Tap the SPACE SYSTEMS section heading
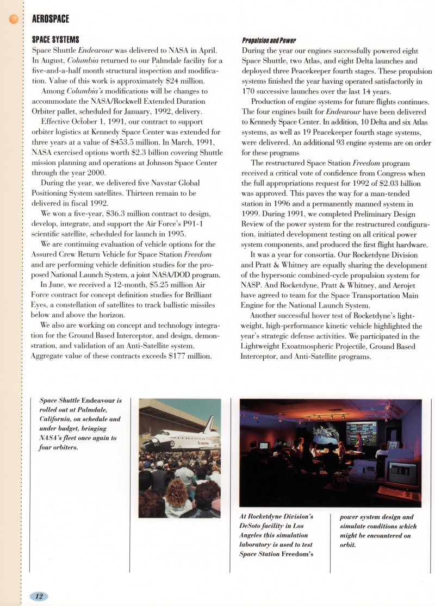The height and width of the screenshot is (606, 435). pos(56,40)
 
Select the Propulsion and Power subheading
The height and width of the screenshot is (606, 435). pos(269,40)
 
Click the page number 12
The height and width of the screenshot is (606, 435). pos(39,596)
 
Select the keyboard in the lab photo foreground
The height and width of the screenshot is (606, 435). pos(399,492)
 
